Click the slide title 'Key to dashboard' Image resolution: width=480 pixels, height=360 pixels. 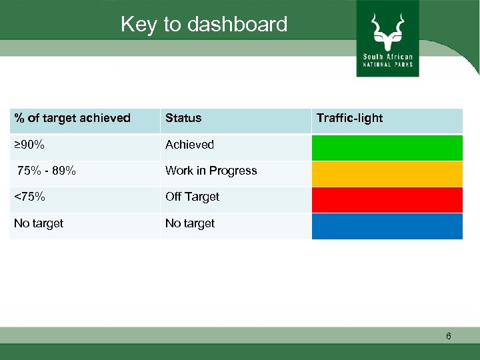tap(204, 25)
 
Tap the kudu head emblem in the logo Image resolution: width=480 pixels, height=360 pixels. tap(387, 30)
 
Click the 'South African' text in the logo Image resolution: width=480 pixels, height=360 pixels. tap(387, 57)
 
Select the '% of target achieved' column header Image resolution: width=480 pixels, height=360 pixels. tap(73, 118)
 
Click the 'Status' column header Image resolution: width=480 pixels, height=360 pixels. tap(183, 118)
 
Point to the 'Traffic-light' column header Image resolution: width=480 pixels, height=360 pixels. tap(349, 118)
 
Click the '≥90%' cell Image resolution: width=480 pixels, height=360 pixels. tap(30, 145)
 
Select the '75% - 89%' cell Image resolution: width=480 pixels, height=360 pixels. tap(47, 171)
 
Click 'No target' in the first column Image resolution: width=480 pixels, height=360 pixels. tap(39, 223)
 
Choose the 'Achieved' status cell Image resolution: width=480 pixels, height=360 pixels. tap(189, 145)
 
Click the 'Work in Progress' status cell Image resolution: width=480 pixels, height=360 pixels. tap(211, 171)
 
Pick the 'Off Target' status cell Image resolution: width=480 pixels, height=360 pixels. tap(192, 197)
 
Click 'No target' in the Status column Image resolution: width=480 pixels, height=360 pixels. tap(190, 223)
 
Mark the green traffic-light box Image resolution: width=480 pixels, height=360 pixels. tap(387, 147)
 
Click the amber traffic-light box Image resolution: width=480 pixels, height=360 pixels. tap(387, 173)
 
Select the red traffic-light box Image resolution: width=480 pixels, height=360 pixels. tap(387, 199)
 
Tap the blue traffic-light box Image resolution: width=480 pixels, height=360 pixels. tap(387, 226)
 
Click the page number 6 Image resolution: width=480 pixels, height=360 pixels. tap(449, 336)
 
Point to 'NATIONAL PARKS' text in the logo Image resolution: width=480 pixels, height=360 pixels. tap(387, 65)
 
